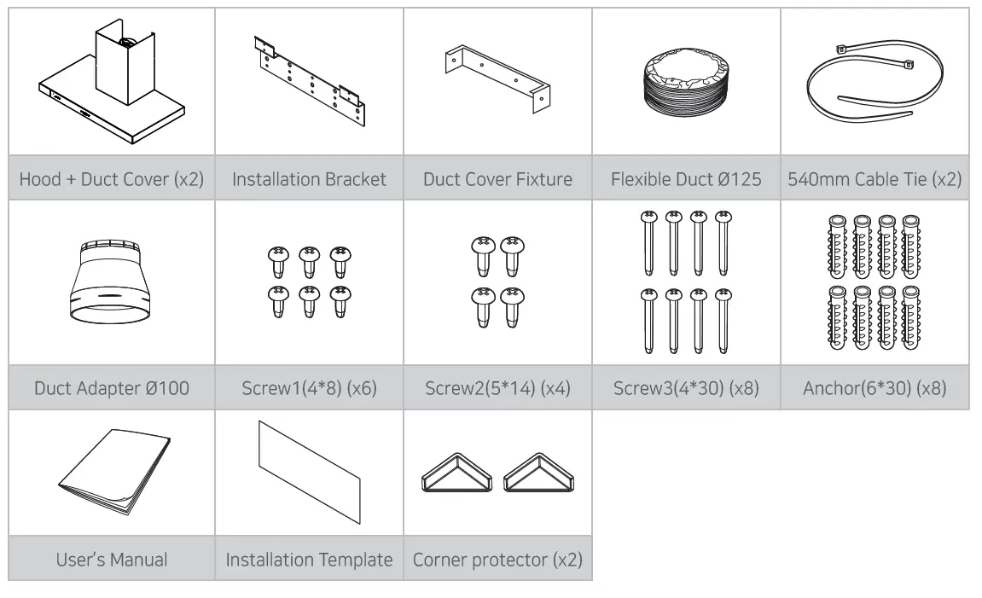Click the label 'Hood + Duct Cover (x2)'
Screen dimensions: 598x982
(x=111, y=179)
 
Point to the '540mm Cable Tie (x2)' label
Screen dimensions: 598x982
(x=875, y=179)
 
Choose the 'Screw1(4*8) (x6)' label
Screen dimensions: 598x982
(x=309, y=389)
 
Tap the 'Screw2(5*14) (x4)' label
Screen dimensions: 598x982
(x=497, y=389)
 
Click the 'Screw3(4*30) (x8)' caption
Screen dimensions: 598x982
(x=686, y=389)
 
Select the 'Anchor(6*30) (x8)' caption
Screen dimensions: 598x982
(x=875, y=389)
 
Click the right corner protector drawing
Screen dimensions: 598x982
(x=537, y=473)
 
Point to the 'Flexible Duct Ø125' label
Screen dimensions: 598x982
(x=686, y=179)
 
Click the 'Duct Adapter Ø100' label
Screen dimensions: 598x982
(x=111, y=389)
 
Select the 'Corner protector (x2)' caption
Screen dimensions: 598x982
(x=497, y=560)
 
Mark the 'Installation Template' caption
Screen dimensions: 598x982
(x=309, y=560)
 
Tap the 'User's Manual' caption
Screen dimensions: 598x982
(x=111, y=560)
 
